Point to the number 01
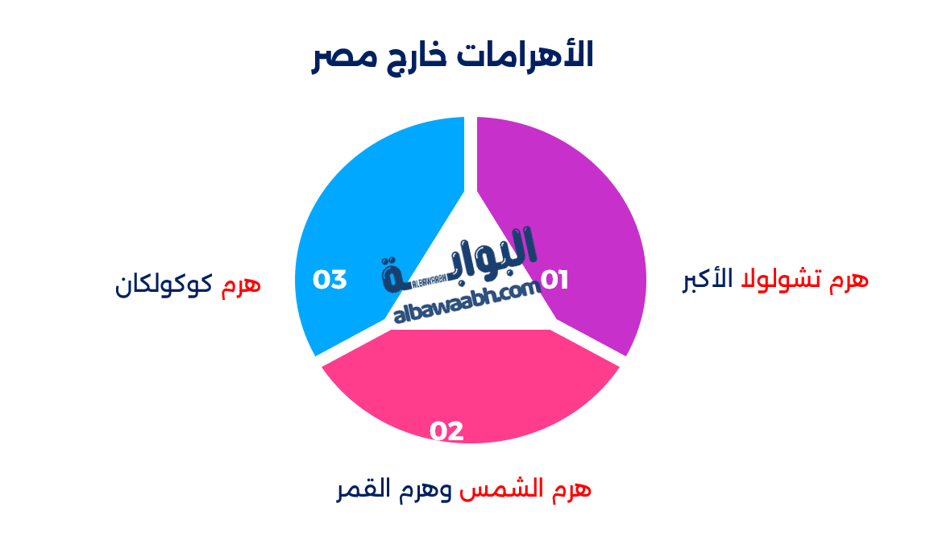pyautogui.click(x=554, y=281)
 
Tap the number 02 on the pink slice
pyautogui.click(x=446, y=431)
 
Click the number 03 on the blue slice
pyautogui.click(x=330, y=280)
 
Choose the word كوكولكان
pyautogui.click(x=164, y=283)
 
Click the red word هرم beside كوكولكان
pyautogui.click(x=241, y=283)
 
